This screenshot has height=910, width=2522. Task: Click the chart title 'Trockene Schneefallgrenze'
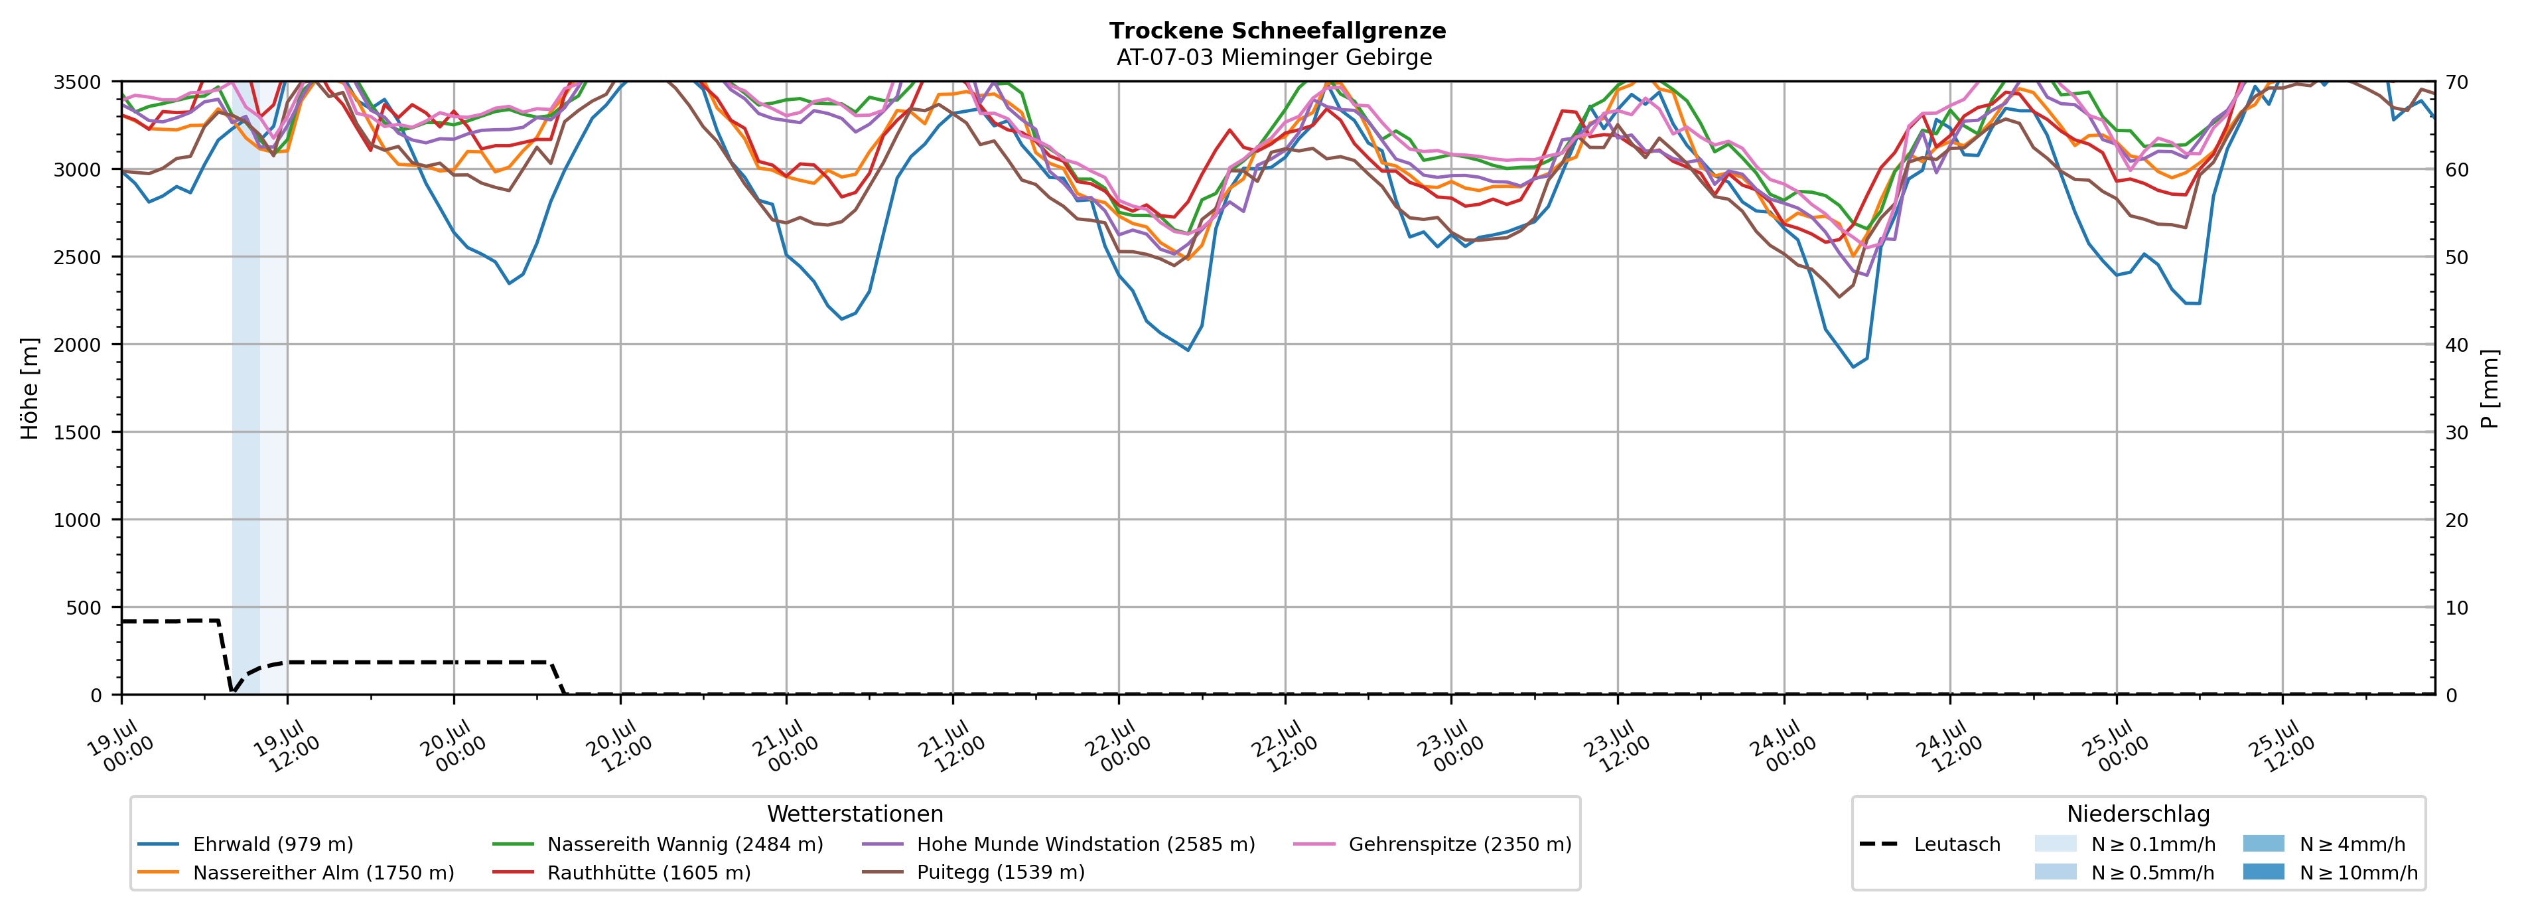[x=1277, y=31]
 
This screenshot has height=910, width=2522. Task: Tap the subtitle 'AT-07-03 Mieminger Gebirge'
[x=1274, y=57]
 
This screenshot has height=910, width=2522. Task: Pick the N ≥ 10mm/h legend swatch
[x=2263, y=871]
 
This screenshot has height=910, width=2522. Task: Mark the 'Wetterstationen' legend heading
[x=855, y=814]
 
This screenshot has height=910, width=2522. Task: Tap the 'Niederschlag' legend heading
[x=2138, y=814]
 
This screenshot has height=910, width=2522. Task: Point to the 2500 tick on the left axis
[x=78, y=257]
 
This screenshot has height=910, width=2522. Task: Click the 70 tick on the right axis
[x=2456, y=82]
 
